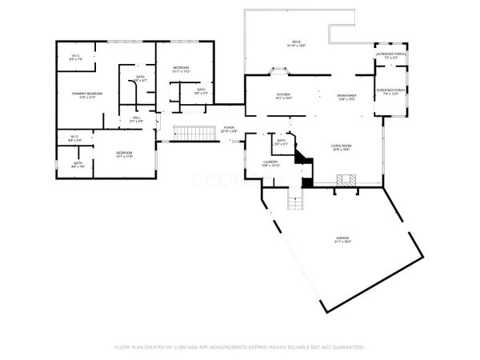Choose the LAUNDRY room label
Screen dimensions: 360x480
point(270,164)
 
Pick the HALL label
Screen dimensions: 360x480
point(136,119)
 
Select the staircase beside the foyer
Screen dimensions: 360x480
point(190,133)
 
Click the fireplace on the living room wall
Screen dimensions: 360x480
point(344,183)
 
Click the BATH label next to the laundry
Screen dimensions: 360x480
point(281,142)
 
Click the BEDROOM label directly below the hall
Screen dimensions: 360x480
point(123,154)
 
